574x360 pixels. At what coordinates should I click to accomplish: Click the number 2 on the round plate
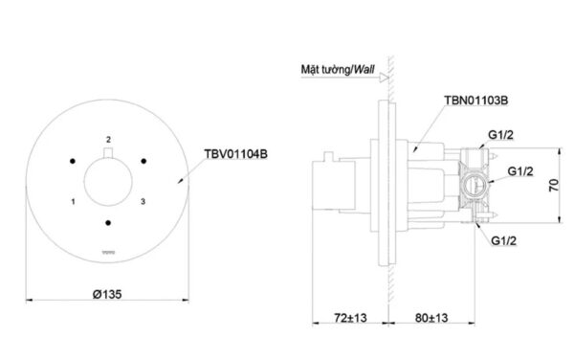point(108,139)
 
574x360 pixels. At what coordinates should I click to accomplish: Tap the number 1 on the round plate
point(74,201)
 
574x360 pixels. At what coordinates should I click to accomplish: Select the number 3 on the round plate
point(143,201)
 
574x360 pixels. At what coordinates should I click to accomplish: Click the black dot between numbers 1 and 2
point(73,159)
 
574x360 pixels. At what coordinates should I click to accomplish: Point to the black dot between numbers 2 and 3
point(143,159)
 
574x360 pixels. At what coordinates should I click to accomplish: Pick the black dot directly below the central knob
point(108,222)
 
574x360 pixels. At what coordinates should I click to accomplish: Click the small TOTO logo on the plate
point(108,253)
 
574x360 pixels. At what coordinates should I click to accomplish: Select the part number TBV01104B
point(235,151)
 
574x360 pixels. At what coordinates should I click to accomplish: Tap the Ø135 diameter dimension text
point(108,293)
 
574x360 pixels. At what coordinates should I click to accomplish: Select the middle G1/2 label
point(519,171)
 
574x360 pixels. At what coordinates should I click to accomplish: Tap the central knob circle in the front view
point(108,180)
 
